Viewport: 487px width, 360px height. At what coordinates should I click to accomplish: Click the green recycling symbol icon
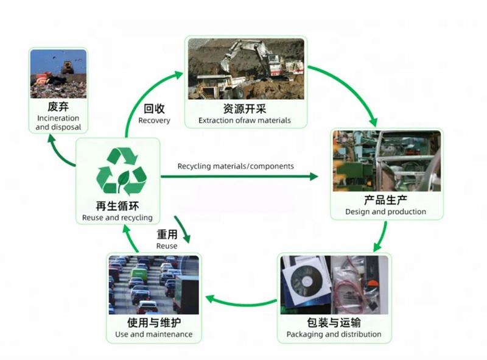click(x=121, y=171)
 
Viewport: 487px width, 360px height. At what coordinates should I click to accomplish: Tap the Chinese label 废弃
click(x=58, y=107)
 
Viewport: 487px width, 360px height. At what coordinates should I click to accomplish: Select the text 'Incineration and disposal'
click(x=58, y=122)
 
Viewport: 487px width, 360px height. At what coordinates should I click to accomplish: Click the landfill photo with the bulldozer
click(x=58, y=74)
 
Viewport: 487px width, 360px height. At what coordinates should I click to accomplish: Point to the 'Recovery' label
click(x=154, y=121)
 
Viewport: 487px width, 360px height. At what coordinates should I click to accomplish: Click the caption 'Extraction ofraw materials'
click(x=245, y=121)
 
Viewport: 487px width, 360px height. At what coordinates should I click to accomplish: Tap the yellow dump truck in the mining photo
click(x=217, y=85)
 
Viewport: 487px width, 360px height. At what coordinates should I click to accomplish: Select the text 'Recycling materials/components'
click(x=236, y=166)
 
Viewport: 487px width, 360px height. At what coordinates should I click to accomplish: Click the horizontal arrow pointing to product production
click(x=239, y=177)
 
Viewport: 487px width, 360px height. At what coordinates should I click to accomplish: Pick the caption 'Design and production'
click(x=385, y=212)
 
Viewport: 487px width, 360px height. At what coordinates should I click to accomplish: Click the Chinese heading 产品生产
click(x=385, y=200)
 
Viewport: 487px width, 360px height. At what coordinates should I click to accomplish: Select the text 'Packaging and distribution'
click(x=334, y=334)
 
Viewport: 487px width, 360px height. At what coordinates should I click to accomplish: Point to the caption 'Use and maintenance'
click(x=154, y=334)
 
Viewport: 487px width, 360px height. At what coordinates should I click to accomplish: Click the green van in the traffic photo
click(x=139, y=275)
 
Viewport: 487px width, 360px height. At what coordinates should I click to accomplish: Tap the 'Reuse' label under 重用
click(x=167, y=246)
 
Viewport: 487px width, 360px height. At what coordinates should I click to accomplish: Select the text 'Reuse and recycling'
click(x=117, y=217)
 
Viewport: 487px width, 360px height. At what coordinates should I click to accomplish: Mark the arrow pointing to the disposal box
click(x=58, y=153)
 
